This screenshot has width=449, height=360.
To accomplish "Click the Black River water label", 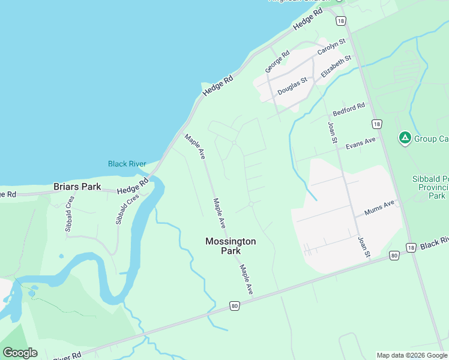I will (x=127, y=164).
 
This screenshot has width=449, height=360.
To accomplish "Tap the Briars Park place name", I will (x=77, y=187).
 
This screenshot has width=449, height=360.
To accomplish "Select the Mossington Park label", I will (x=231, y=246).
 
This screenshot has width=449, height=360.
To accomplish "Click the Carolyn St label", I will (x=332, y=47).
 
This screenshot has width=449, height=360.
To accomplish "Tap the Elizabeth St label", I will (x=336, y=66).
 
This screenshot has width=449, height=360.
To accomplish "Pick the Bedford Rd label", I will (x=349, y=110).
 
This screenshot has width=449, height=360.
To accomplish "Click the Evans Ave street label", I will (x=360, y=144).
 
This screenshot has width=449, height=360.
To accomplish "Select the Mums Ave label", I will (x=379, y=207).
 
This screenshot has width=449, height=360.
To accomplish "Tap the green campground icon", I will (x=405, y=139).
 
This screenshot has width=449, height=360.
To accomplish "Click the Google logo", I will (x=20, y=353).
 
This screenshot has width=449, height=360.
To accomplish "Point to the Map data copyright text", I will (x=411, y=355).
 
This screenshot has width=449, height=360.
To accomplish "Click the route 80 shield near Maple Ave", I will (x=234, y=307).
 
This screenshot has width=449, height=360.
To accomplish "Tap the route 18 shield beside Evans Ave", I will (x=376, y=124).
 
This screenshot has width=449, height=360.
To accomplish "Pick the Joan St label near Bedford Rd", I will (x=331, y=133).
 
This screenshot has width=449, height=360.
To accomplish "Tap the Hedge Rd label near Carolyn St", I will (x=308, y=19).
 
